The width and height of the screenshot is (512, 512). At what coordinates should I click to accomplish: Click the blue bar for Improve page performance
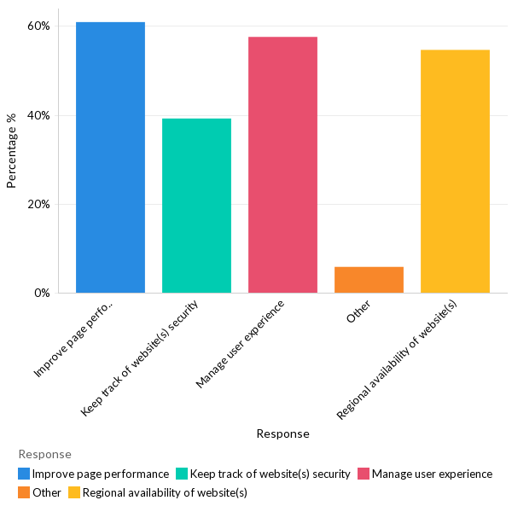(110, 158)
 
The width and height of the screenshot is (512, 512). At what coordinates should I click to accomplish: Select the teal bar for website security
(196, 206)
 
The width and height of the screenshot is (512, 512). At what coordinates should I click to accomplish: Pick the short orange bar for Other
(369, 280)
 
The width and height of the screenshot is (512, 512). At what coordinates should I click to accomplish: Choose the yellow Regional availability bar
(455, 172)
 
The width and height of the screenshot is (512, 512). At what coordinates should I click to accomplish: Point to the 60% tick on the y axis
(38, 26)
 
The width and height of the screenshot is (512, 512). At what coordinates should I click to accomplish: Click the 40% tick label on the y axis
(38, 115)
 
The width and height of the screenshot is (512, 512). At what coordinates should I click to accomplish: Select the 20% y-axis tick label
(38, 204)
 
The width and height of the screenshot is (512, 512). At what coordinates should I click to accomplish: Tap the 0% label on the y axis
(41, 293)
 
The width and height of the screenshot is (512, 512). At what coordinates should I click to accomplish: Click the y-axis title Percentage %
(12, 150)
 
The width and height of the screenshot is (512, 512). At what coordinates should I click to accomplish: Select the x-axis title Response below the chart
(282, 433)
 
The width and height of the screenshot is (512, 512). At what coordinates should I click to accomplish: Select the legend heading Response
(44, 454)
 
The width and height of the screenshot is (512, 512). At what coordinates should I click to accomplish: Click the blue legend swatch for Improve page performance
(24, 474)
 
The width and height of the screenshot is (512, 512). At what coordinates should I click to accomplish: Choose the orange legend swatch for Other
(24, 492)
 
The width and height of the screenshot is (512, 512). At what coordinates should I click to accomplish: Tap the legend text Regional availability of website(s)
(165, 492)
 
